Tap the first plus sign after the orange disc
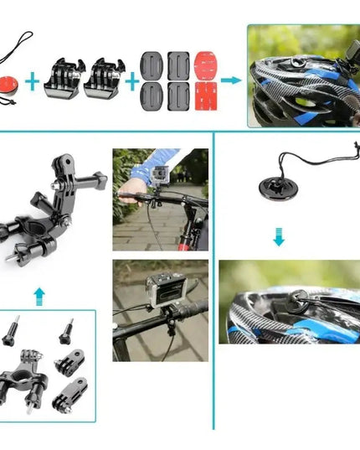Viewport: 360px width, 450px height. (33, 81)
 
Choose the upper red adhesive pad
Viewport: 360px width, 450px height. (207, 65)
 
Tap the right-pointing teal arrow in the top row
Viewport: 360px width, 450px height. (232, 81)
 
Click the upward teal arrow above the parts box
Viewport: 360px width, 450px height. (38, 294)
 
